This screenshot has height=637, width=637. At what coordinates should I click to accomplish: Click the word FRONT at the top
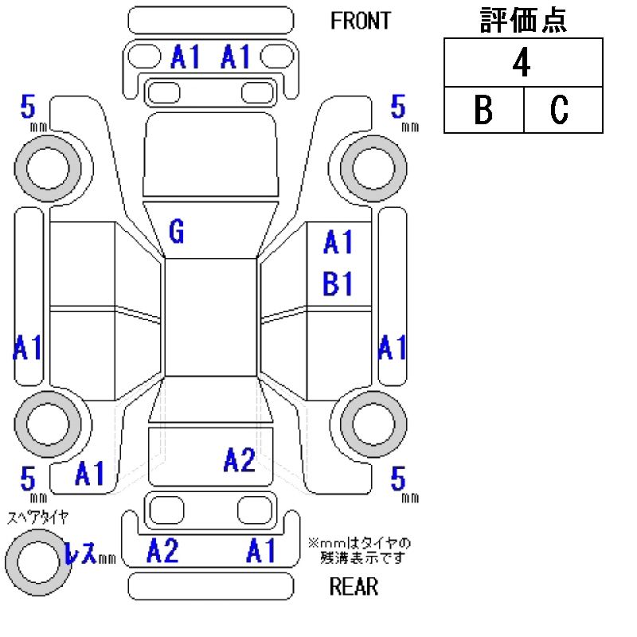click(x=361, y=21)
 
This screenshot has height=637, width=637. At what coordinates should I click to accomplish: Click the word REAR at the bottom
click(x=354, y=588)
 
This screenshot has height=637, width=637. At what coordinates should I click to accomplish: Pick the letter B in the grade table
click(x=483, y=111)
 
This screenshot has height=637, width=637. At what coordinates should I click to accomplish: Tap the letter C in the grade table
click(x=560, y=111)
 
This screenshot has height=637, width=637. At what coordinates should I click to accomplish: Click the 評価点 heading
click(x=523, y=21)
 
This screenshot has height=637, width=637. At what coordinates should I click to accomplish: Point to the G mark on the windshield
click(x=177, y=232)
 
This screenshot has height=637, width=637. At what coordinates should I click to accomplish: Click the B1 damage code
click(x=338, y=284)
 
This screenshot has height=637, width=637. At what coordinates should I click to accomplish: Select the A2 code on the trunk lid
click(x=239, y=459)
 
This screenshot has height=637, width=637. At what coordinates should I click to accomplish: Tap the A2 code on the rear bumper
click(x=162, y=550)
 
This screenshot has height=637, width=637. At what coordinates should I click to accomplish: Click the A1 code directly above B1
click(x=338, y=243)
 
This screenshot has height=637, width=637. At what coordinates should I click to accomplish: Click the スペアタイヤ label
click(x=37, y=517)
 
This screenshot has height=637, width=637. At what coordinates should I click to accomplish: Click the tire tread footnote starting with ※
click(x=359, y=550)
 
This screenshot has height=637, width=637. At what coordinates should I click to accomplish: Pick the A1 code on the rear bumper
click(x=261, y=550)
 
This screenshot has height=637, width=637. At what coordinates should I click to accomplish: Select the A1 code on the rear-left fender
click(x=90, y=475)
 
